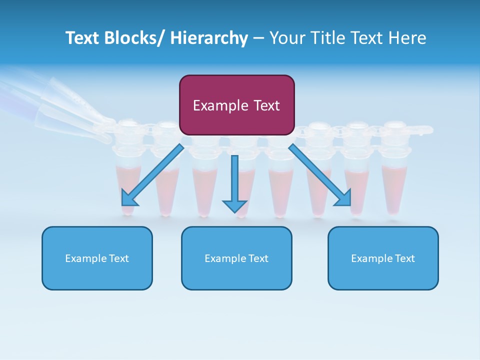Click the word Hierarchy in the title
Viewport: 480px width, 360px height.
point(209,38)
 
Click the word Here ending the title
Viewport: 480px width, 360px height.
point(407,38)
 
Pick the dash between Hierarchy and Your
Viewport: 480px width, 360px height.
point(258,38)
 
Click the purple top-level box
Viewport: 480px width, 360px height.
point(236,105)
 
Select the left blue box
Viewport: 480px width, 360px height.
point(97,258)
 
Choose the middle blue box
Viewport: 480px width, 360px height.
point(236,258)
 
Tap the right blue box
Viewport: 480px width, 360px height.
point(383,258)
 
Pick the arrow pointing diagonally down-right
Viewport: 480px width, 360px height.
point(320,175)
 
